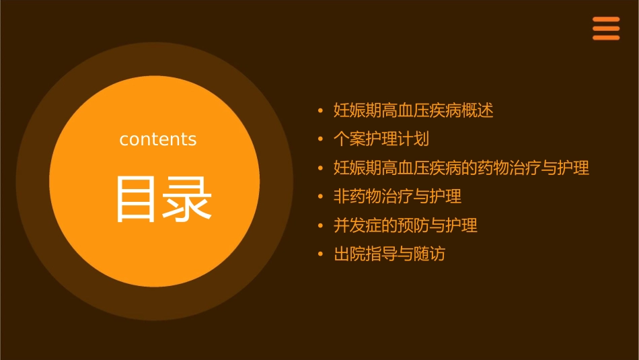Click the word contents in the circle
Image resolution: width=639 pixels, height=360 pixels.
click(158, 139)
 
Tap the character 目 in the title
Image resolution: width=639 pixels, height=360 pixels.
click(135, 199)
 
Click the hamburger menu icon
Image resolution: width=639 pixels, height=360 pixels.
click(605, 28)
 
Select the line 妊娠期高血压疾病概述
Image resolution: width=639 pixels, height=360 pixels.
click(414, 110)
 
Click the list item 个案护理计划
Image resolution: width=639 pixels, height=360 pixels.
click(381, 139)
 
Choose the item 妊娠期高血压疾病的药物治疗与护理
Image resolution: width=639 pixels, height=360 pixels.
click(461, 168)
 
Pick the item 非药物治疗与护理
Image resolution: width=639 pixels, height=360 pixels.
click(398, 196)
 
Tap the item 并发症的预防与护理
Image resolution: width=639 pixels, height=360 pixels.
click(406, 225)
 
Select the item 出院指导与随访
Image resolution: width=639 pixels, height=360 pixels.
click(389, 254)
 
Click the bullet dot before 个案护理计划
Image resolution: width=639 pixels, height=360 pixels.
click(321, 139)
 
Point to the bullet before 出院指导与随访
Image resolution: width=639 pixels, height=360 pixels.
click(321, 254)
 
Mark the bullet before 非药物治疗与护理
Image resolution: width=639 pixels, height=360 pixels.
click(321, 196)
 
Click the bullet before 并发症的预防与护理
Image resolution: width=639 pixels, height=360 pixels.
click(321, 225)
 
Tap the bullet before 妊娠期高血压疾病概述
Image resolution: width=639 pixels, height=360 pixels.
click(321, 110)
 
